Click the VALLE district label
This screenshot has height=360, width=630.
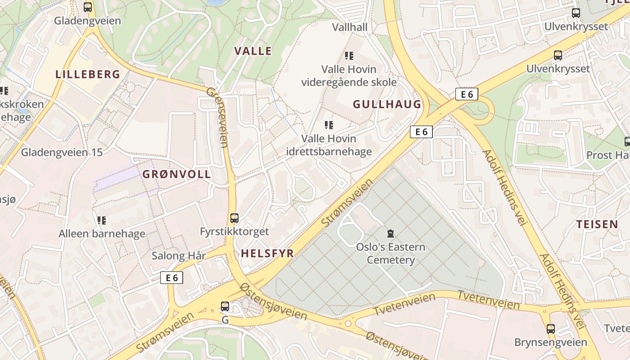tap(253, 51)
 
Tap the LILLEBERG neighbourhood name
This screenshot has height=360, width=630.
tap(88, 74)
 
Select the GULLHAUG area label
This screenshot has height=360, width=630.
tap(387, 104)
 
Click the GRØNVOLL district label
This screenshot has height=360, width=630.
tap(176, 175)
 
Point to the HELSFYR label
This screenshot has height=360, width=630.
tap(267, 253)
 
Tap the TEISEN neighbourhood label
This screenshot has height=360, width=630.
tap(597, 224)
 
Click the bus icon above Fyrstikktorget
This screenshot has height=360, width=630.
tap(234, 218)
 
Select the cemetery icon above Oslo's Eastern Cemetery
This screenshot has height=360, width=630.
tap(390, 234)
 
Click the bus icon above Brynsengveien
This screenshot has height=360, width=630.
tap(551, 328)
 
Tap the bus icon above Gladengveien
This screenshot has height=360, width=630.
tap(88, 7)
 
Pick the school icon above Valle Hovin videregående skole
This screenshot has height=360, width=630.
tap(349, 56)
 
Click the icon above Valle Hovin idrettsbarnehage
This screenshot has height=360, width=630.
tap(329, 125)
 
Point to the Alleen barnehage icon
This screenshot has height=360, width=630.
tap(102, 220)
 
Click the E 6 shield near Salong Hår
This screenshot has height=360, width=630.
tap(172, 278)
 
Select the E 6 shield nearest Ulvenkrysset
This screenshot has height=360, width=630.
tap(467, 94)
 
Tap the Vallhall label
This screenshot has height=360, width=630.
tap(350, 27)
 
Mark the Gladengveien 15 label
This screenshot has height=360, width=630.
tap(62, 152)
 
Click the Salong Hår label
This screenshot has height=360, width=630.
tap(179, 256)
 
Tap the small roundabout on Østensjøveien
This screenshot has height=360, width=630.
tap(348, 323)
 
